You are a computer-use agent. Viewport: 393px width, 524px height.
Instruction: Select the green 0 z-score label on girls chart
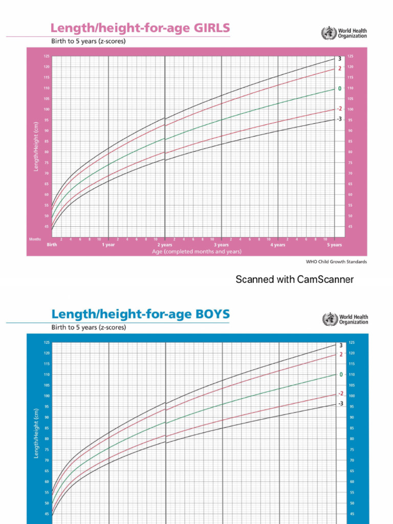coord(339,89)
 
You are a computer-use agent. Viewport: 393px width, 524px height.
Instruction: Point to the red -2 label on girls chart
coord(339,108)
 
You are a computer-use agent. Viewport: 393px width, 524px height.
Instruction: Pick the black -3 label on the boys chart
coord(340,404)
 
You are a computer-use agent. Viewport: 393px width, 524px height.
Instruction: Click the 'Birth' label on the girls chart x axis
coord(52,245)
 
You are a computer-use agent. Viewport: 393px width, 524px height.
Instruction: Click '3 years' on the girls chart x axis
coord(221,245)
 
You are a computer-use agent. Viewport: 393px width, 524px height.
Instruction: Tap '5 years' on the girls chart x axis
coord(334,245)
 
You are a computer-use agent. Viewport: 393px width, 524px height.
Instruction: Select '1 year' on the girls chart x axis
coord(108,245)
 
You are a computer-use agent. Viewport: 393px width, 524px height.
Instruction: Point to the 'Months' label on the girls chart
coord(35,239)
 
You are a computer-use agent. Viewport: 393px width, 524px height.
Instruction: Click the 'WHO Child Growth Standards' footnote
coord(336,261)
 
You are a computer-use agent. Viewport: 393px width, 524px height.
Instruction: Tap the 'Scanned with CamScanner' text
coord(294,279)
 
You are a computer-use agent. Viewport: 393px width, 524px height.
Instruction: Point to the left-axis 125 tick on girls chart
coord(47,56)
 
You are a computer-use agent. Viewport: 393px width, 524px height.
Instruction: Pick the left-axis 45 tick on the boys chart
coord(47,514)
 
